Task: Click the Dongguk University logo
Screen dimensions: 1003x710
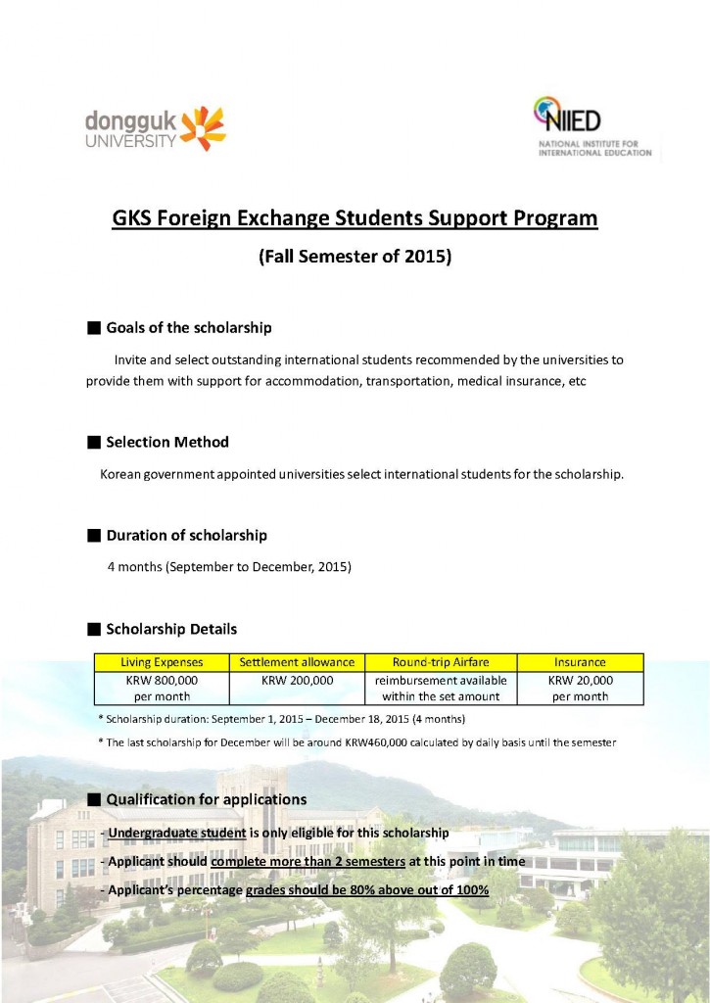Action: (x=156, y=129)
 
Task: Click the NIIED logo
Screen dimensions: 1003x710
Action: (x=592, y=128)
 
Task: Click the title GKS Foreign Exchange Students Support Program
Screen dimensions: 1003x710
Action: (x=355, y=217)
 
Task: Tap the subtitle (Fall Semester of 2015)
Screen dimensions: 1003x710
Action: (x=355, y=258)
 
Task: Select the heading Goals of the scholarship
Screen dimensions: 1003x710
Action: (x=188, y=327)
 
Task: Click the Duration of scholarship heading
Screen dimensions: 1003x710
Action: (x=186, y=536)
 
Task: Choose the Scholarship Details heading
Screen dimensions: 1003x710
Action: (x=171, y=629)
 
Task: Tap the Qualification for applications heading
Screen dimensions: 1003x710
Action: (x=206, y=799)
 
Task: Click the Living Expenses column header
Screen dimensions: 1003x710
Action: (x=161, y=662)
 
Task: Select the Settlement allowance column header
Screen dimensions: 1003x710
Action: (x=298, y=662)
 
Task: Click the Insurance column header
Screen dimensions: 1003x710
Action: (x=580, y=662)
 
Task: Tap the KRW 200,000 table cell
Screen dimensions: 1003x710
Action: (x=298, y=680)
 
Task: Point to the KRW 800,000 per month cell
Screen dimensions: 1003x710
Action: (x=161, y=688)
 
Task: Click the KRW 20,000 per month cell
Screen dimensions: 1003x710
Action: (x=580, y=688)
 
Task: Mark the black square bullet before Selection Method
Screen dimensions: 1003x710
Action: (x=94, y=443)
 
